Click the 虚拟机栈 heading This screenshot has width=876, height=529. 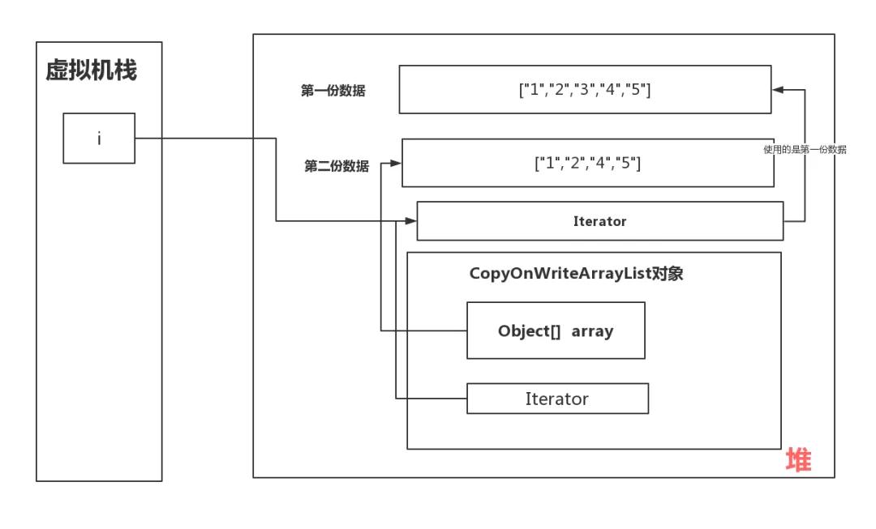[91, 70]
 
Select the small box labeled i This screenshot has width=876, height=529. [99, 139]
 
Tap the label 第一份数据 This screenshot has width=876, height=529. [333, 91]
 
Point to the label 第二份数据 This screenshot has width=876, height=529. [336, 167]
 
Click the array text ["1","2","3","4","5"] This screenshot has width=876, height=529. [585, 90]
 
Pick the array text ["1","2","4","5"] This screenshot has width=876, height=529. [588, 163]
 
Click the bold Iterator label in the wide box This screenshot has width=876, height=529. [599, 221]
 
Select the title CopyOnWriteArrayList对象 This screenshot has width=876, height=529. [576, 273]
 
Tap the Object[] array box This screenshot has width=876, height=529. [556, 331]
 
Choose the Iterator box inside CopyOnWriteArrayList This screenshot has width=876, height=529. [557, 399]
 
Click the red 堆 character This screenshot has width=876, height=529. [798, 460]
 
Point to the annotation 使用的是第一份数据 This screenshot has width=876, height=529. [805, 150]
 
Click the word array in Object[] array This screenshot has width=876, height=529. [592, 331]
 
